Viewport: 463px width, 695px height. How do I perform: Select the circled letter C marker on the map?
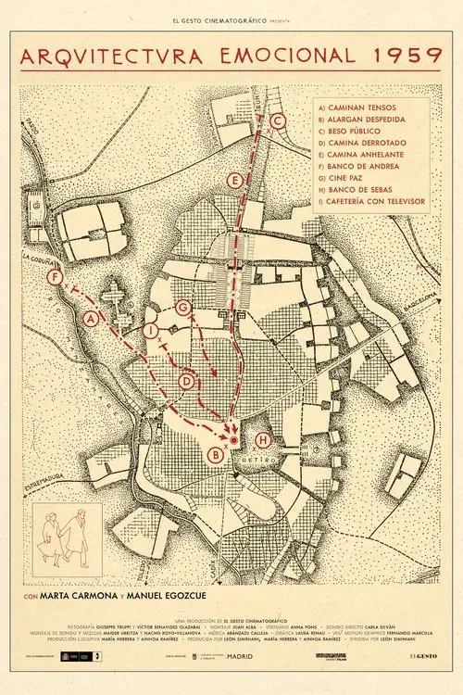point(277,120)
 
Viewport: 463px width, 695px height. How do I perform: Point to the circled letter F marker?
point(58,277)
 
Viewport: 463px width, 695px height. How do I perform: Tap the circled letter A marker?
point(91,320)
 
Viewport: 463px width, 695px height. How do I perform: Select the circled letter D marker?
point(186,381)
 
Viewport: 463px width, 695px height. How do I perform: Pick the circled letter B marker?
point(216,454)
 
